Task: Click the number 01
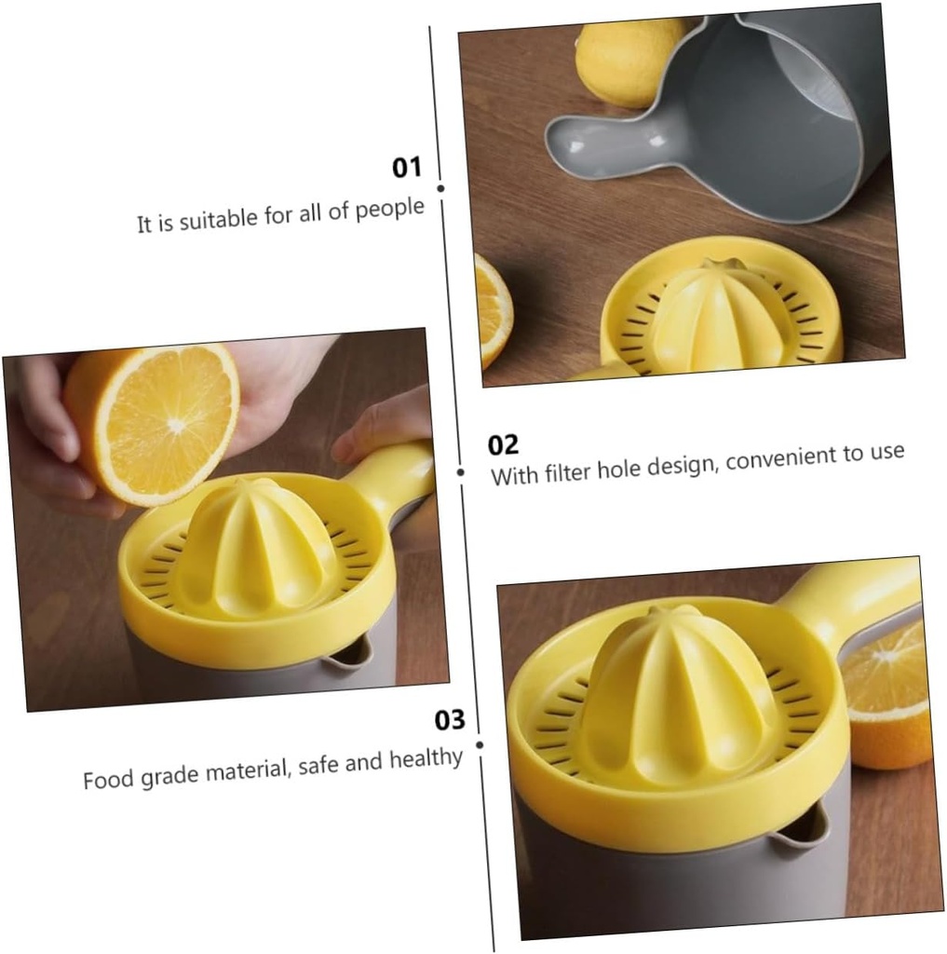tap(407, 168)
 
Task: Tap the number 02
tap(503, 444)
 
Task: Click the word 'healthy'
tap(426, 758)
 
